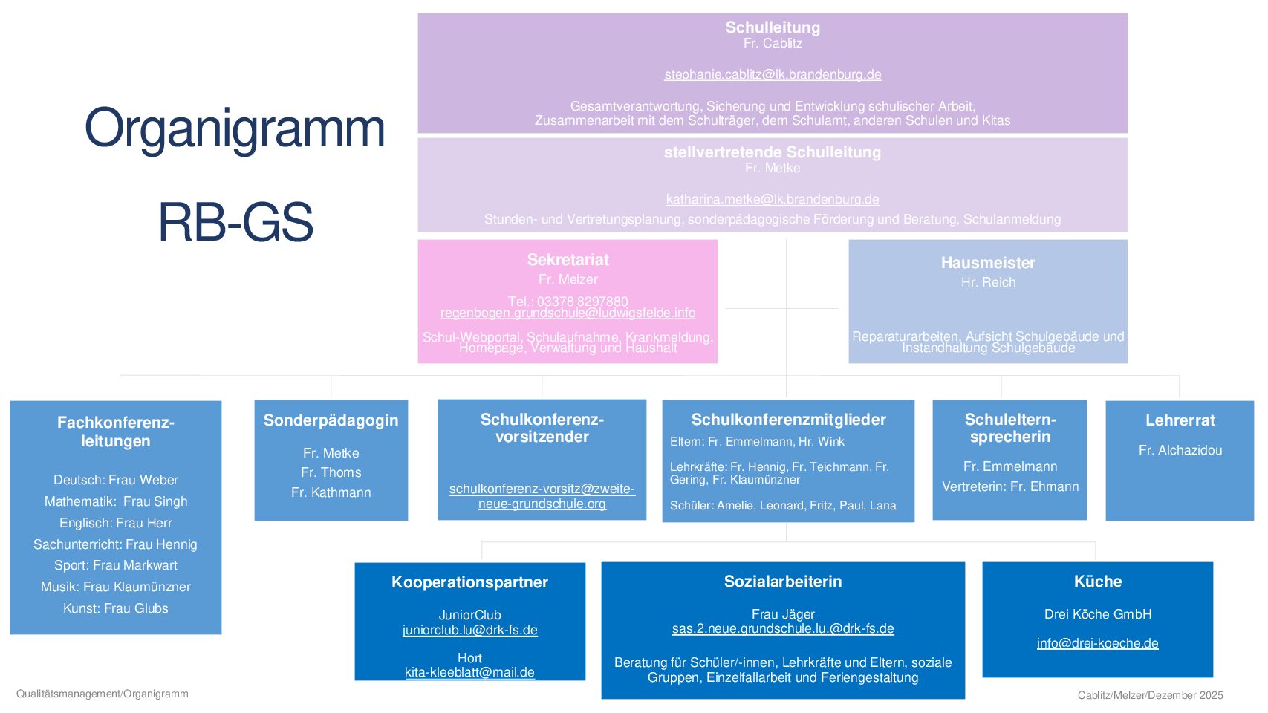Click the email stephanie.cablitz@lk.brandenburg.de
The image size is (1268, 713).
(773, 75)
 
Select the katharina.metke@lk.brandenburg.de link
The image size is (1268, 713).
(773, 199)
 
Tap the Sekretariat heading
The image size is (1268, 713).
(568, 260)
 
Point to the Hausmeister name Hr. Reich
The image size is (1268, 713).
(989, 282)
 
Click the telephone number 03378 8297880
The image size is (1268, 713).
(582, 301)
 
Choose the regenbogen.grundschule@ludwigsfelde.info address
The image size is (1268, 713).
(568, 313)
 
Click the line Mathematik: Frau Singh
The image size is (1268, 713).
(116, 501)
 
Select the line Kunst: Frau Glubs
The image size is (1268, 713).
(116, 608)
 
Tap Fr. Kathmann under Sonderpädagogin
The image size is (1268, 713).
(331, 492)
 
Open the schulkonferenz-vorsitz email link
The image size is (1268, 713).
(542, 496)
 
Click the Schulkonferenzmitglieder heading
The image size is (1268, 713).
(789, 420)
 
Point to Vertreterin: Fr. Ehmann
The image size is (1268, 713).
(1010, 486)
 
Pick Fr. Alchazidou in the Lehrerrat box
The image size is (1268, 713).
(1180, 450)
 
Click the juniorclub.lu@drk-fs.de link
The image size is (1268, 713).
(470, 630)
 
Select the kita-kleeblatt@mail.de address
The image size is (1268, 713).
(470, 672)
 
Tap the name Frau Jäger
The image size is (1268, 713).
(783, 614)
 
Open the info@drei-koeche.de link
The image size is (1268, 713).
(1098, 643)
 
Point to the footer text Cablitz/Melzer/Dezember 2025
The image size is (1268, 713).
(1150, 695)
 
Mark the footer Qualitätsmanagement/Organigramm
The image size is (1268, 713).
(103, 694)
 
